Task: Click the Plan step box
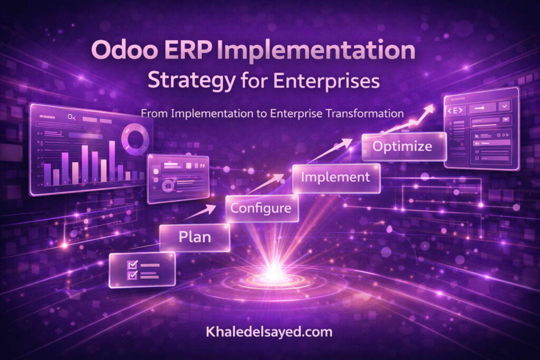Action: pos(195,237)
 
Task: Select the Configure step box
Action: pos(262,208)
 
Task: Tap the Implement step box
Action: pos(335,178)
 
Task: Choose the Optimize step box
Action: pos(403,147)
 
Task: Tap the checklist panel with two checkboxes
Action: pos(142,270)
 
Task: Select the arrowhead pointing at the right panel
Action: pos(429,109)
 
